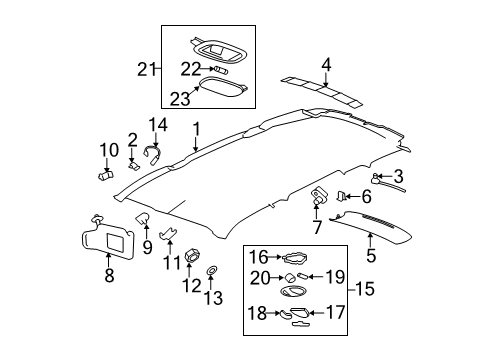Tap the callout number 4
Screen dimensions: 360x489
coord(326,65)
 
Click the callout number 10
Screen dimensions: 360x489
coord(107,151)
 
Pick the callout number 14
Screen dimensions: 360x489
coord(155,124)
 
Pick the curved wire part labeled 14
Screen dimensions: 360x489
coord(153,152)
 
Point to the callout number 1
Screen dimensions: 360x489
coord(196,127)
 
